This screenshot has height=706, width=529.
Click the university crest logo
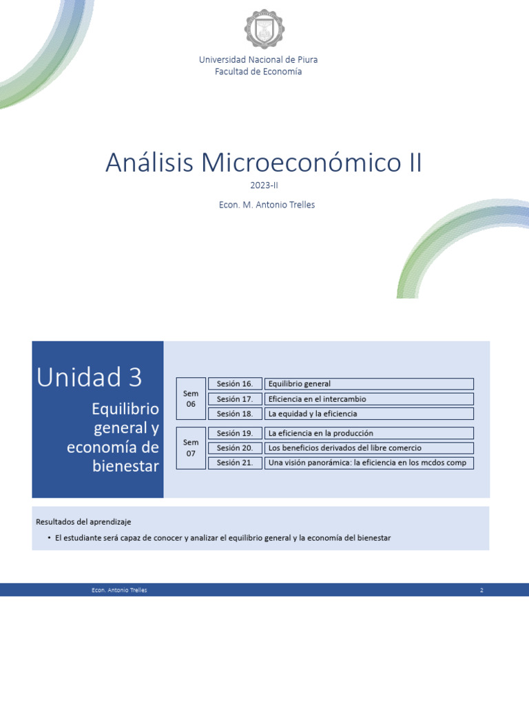(264, 29)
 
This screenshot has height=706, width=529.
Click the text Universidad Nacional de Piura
(258, 60)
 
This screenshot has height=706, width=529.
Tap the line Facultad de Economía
(258, 72)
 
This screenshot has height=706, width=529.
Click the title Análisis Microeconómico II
(264, 163)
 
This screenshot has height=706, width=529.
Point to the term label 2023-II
(264, 185)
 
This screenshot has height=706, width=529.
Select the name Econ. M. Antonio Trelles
(264, 205)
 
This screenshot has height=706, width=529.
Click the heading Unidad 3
(90, 377)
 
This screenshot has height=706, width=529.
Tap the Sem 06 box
(191, 399)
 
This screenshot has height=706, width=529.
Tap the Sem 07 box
(191, 448)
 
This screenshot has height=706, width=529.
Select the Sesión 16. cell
(234, 384)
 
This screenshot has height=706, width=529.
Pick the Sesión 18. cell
(234, 414)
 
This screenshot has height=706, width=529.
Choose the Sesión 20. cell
(234, 448)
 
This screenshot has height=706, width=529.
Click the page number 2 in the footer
(482, 590)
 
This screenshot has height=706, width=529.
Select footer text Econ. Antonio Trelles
(119, 590)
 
